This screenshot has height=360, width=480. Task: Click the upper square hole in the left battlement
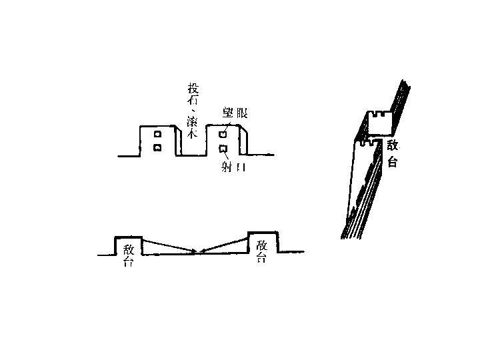coord(158,135)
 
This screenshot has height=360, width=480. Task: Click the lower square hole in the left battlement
coord(158,147)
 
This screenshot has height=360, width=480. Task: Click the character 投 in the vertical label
coord(193,90)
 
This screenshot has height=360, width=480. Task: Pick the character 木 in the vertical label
coord(193,133)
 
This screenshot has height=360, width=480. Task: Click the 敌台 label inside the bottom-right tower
coord(261,251)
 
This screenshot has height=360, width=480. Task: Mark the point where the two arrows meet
coord(197,252)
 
